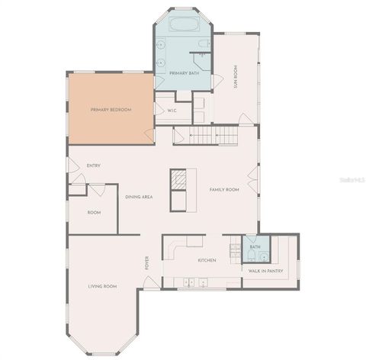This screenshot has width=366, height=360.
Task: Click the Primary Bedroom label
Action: click(x=111, y=110)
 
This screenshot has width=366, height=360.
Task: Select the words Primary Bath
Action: click(x=184, y=73)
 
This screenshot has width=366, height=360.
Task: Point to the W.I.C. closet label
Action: click(x=172, y=110)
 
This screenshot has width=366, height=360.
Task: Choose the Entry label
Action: click(x=94, y=166)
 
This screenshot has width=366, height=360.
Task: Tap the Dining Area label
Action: click(x=140, y=197)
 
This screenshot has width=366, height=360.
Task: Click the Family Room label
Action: click(x=224, y=189)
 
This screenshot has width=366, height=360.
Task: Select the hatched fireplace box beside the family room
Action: click(x=178, y=179)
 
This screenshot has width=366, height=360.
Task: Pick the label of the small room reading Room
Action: click(x=94, y=212)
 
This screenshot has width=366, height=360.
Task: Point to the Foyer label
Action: click(x=148, y=263)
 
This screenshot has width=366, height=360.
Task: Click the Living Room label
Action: click(x=102, y=286)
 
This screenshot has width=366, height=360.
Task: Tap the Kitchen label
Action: click(x=207, y=261)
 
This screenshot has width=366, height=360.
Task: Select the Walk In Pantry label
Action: click(x=265, y=270)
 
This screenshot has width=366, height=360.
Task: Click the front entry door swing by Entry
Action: click(x=73, y=166)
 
